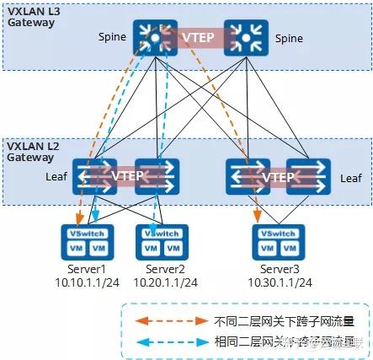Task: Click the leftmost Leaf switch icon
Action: pyautogui.click(x=89, y=178)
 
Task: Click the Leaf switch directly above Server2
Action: pyautogui.click(x=151, y=178)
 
